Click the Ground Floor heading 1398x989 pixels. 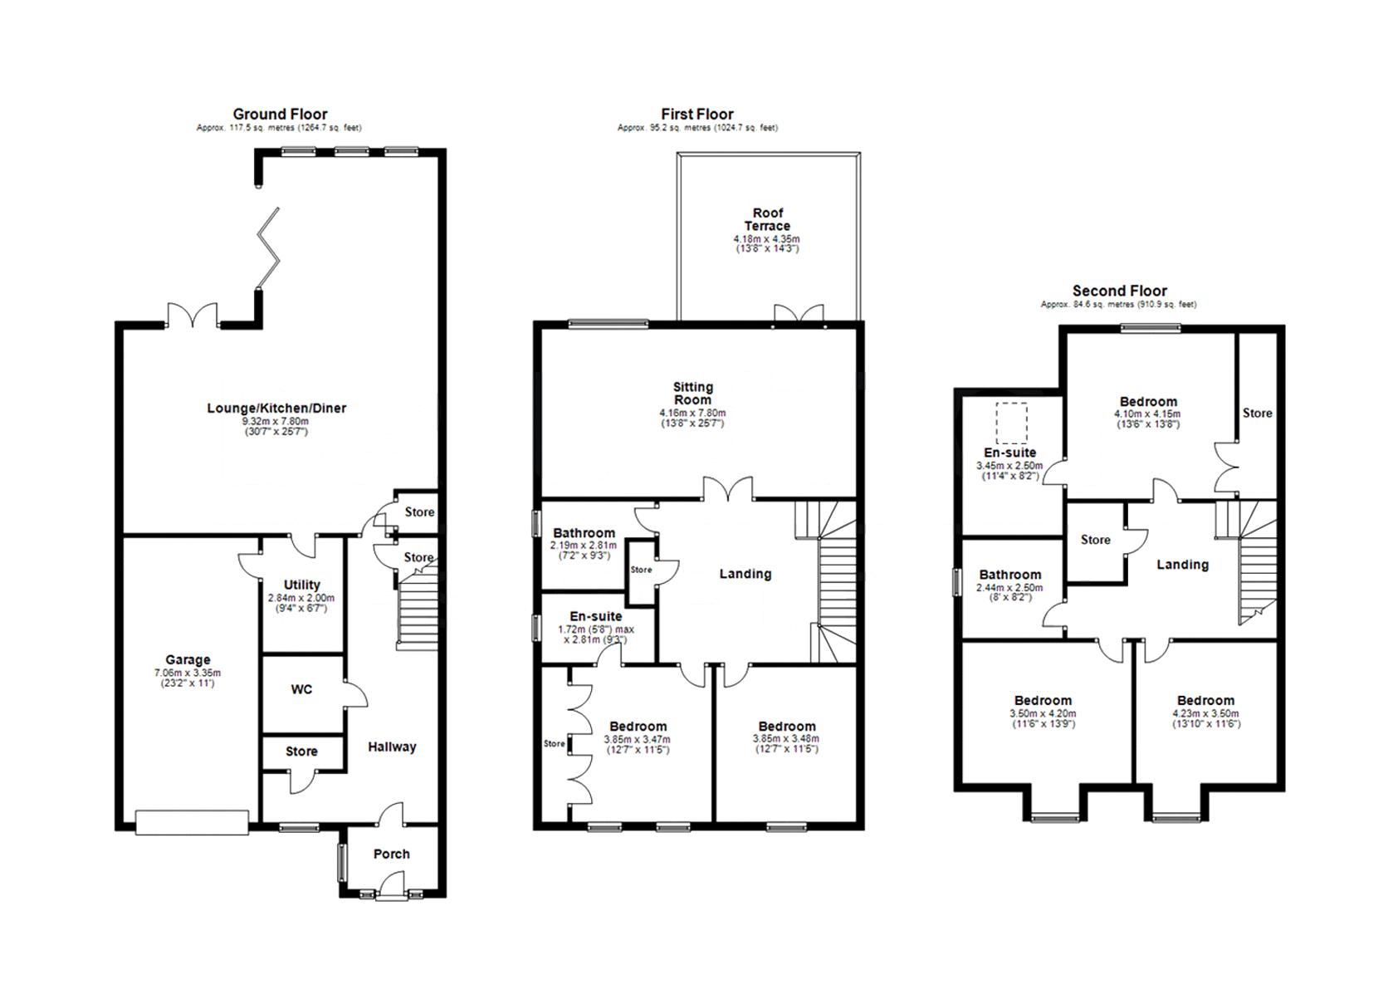point(280,115)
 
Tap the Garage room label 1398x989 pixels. point(188,659)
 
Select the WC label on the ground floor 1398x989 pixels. point(301,689)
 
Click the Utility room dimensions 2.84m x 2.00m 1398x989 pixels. point(301,598)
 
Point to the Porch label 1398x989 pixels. point(391,854)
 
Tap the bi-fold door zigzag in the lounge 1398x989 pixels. point(269,248)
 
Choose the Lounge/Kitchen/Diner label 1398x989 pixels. point(276,408)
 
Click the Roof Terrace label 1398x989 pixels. point(767,219)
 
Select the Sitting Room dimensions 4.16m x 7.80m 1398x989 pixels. point(692,413)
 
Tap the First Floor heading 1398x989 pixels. point(697,115)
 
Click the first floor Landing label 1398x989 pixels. point(745,574)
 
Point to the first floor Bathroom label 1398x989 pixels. point(584,532)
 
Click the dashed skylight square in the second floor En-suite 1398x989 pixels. point(1012,423)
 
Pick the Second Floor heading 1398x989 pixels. point(1120,291)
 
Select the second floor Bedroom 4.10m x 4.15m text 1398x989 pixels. point(1148,414)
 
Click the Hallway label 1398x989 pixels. point(392,747)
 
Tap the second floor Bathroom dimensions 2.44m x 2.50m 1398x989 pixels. point(1009,588)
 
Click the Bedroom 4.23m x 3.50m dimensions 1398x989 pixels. point(1205,713)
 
